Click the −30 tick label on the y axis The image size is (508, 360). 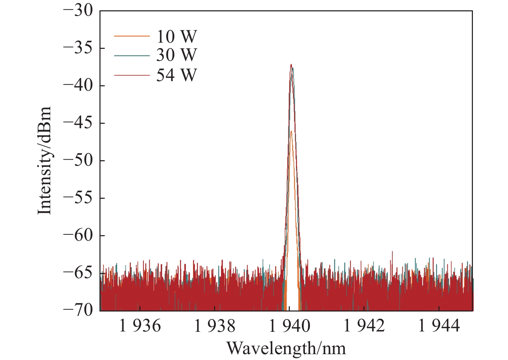(78, 11)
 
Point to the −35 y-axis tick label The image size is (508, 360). (78, 48)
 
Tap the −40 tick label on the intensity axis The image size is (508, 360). (78, 86)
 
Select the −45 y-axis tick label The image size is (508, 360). (78, 123)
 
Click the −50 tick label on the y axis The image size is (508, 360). (78, 161)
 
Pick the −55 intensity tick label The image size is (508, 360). (78, 198)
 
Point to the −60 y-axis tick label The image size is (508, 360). (78, 236)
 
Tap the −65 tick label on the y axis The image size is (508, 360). (78, 273)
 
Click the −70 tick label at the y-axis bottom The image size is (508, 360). (78, 310)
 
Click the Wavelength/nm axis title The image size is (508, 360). (286, 348)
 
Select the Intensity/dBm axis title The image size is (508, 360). (45, 161)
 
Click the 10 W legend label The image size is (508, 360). (177, 36)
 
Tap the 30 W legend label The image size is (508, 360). (177, 55)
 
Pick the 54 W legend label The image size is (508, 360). (177, 75)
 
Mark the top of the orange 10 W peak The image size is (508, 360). (291, 131)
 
